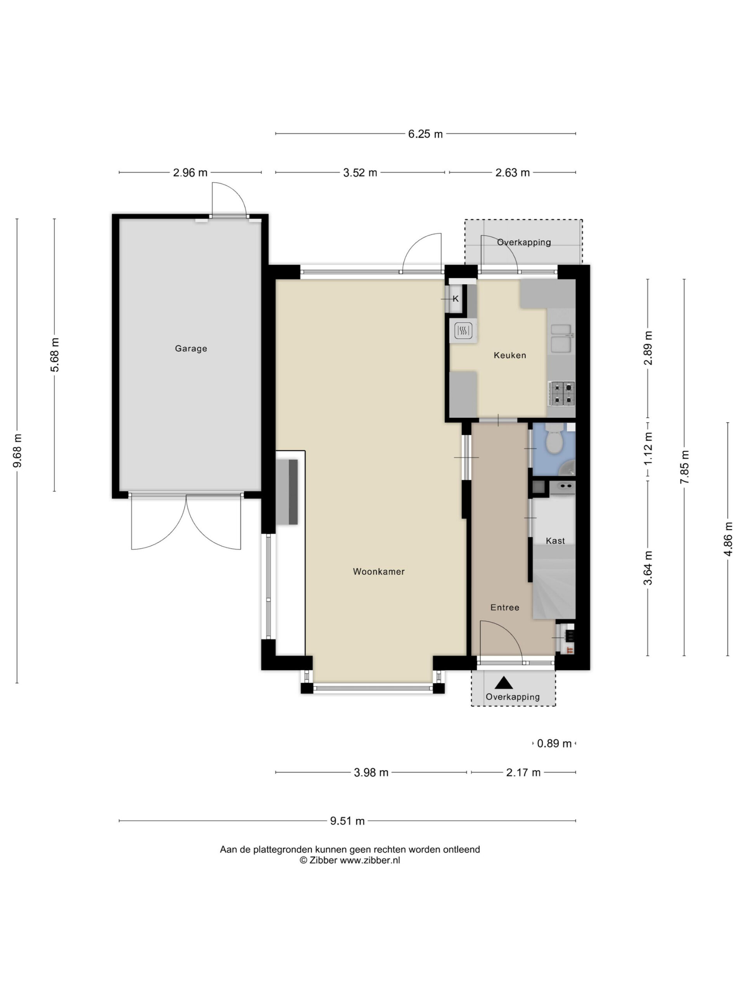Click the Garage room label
point(191,348)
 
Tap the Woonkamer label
point(379,571)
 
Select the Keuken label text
point(510,355)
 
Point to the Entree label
point(505,607)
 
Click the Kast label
point(555,541)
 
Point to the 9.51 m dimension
point(347,821)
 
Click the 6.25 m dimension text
point(425,134)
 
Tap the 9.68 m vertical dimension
point(17,451)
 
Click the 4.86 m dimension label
point(728,539)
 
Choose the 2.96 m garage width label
point(191,173)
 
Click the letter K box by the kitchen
point(456,299)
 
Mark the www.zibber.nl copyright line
point(350,860)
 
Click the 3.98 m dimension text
point(371,773)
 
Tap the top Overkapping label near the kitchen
point(523,242)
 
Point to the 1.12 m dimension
point(648,451)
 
